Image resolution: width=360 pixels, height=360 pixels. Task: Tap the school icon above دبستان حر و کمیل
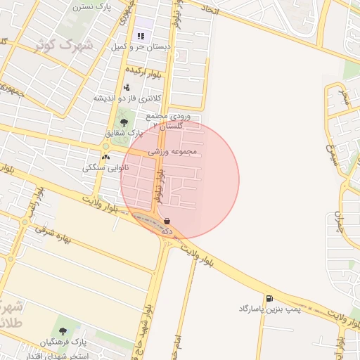[141, 36]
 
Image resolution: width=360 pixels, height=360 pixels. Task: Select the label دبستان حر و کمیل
[141, 47]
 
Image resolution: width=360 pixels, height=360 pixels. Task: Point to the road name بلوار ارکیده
[146, 71]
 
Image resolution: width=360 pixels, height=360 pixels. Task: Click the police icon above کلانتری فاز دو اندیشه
[126, 87]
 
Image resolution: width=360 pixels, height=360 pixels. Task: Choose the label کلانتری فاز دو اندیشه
[128, 98]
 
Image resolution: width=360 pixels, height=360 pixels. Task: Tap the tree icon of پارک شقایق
[124, 122]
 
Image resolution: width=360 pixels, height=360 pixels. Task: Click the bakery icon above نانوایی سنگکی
[105, 157]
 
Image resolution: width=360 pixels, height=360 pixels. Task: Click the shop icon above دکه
[167, 220]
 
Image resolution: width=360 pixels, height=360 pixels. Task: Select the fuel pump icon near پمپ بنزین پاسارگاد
[269, 299]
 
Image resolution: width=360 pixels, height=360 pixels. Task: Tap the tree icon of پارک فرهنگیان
[63, 331]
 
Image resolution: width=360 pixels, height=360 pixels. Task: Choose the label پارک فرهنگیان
[63, 342]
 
